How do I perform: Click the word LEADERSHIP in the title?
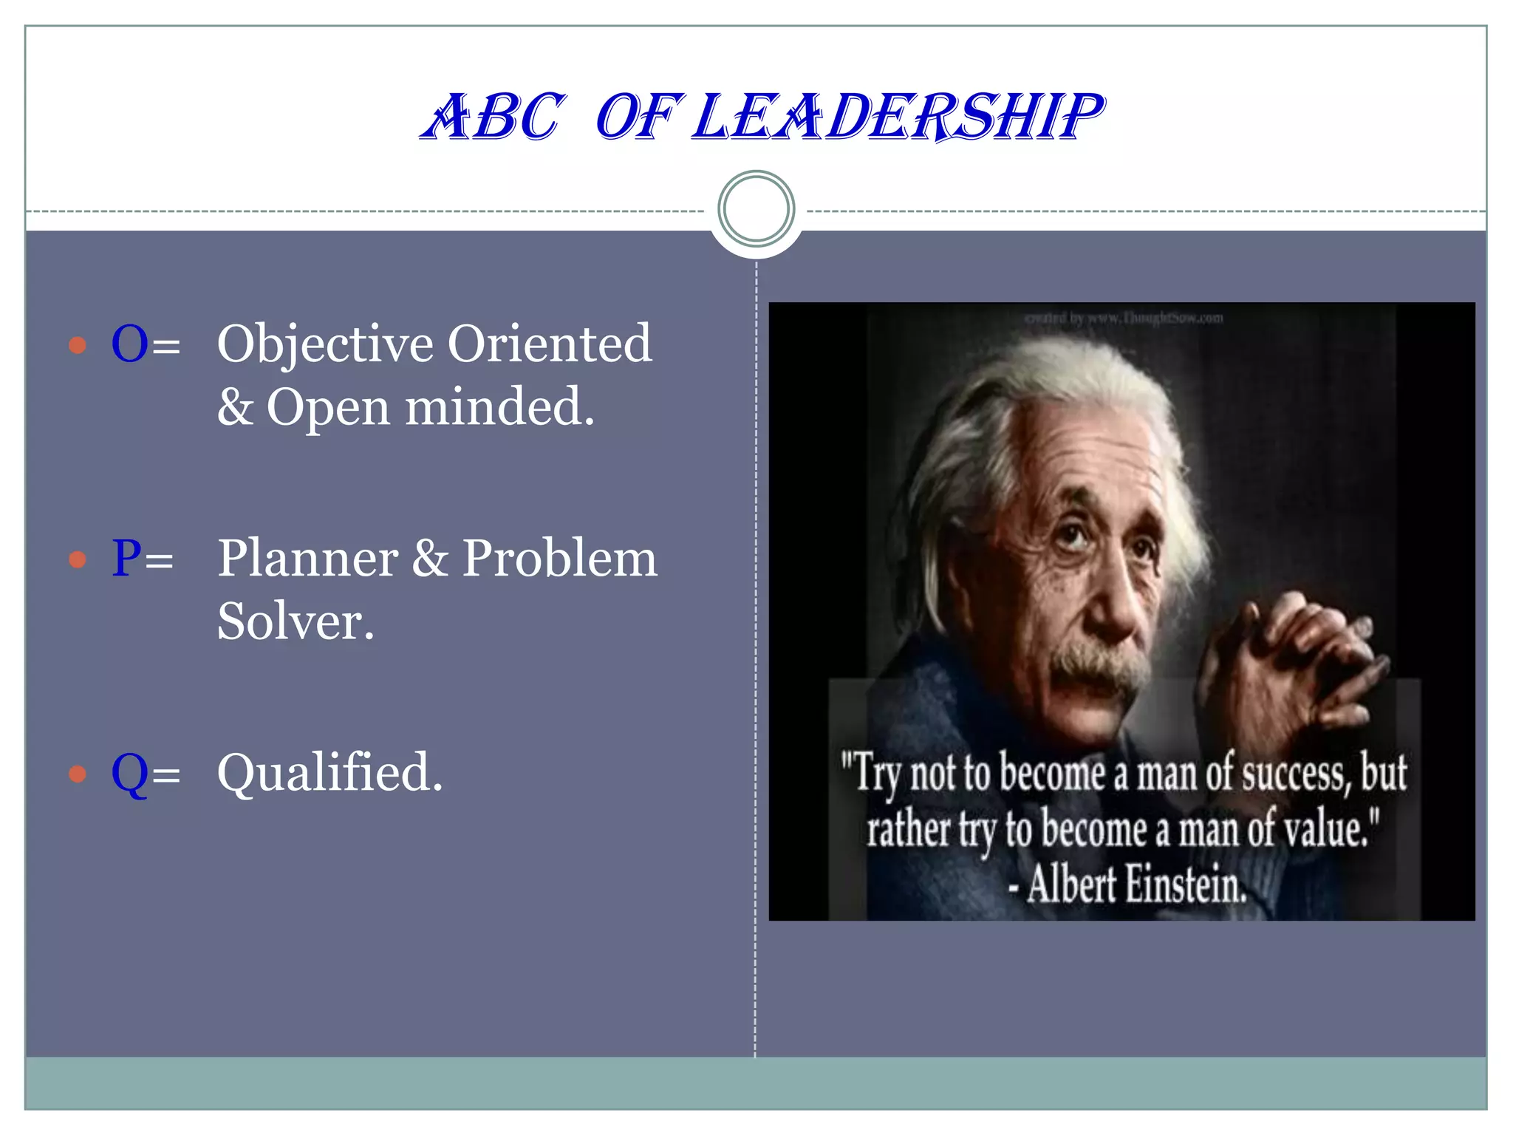click(x=898, y=117)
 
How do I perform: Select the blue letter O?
click(x=129, y=344)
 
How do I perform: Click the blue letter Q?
click(x=129, y=774)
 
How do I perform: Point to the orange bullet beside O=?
click(x=78, y=345)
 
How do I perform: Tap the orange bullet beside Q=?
click(x=78, y=774)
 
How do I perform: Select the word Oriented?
click(x=550, y=344)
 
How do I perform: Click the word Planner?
click(x=307, y=559)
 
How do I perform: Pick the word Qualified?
click(x=329, y=774)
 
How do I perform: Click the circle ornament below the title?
click(x=756, y=208)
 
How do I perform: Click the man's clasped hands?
click(x=1285, y=658)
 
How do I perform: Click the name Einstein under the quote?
click(x=1185, y=885)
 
